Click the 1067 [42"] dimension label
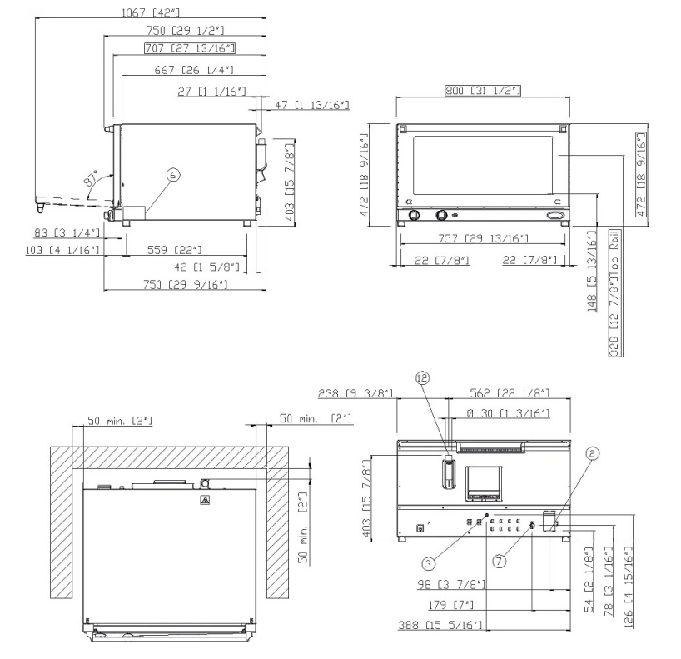coord(151,12)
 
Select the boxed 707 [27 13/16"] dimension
coord(190,47)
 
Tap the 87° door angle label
coord(92,178)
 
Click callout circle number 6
coord(173,175)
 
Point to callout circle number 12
coord(422,377)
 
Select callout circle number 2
coord(593,453)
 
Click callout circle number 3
coord(428,564)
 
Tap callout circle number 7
coord(500,562)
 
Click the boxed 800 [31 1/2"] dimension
coord(483,91)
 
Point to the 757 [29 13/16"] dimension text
coord(483,238)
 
